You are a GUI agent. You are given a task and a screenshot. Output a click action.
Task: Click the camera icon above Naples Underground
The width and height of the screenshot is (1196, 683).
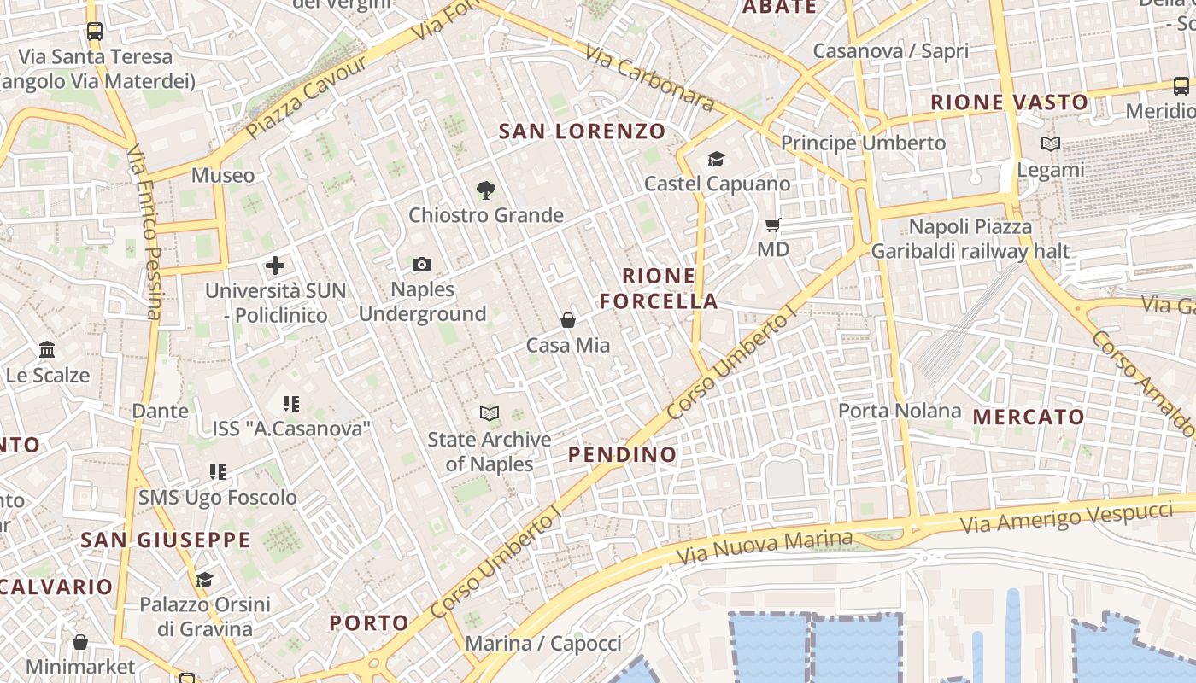422,264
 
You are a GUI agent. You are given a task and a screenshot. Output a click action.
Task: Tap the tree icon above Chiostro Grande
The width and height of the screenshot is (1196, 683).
486,190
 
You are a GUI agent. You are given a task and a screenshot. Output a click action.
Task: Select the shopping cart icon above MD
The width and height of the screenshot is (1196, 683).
773,225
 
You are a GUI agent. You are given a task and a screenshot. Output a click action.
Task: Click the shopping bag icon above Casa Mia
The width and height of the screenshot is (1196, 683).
568,320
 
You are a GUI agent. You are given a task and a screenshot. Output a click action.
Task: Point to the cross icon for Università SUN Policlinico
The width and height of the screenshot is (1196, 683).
275,266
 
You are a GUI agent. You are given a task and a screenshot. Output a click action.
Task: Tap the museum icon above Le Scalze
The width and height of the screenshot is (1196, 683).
47,350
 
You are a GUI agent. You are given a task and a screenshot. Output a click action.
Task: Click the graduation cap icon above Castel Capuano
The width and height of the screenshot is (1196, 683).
716,159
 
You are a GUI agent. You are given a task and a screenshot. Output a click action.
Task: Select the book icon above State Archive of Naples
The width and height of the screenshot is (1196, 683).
490,414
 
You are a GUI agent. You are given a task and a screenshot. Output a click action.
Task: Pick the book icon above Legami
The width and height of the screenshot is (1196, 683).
1051,144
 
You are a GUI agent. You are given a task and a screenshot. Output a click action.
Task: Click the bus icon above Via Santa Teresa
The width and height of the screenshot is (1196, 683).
95,32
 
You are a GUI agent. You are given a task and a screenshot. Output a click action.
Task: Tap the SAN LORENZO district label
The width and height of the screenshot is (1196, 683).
582,131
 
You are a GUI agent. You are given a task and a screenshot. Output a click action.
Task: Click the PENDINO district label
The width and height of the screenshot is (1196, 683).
623,454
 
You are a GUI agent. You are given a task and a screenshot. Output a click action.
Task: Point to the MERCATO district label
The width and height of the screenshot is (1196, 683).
1029,417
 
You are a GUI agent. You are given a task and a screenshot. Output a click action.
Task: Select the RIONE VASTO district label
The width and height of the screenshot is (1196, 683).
1009,102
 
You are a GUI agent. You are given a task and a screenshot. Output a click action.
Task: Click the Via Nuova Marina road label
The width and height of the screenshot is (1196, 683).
764,546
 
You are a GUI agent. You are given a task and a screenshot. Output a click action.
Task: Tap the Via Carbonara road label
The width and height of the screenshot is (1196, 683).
649,77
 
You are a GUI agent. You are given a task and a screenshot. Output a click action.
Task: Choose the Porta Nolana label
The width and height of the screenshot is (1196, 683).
900,411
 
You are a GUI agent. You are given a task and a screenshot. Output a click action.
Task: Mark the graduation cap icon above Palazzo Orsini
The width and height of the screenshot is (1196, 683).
204,581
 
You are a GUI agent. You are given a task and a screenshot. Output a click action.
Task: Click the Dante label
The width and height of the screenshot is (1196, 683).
160,411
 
